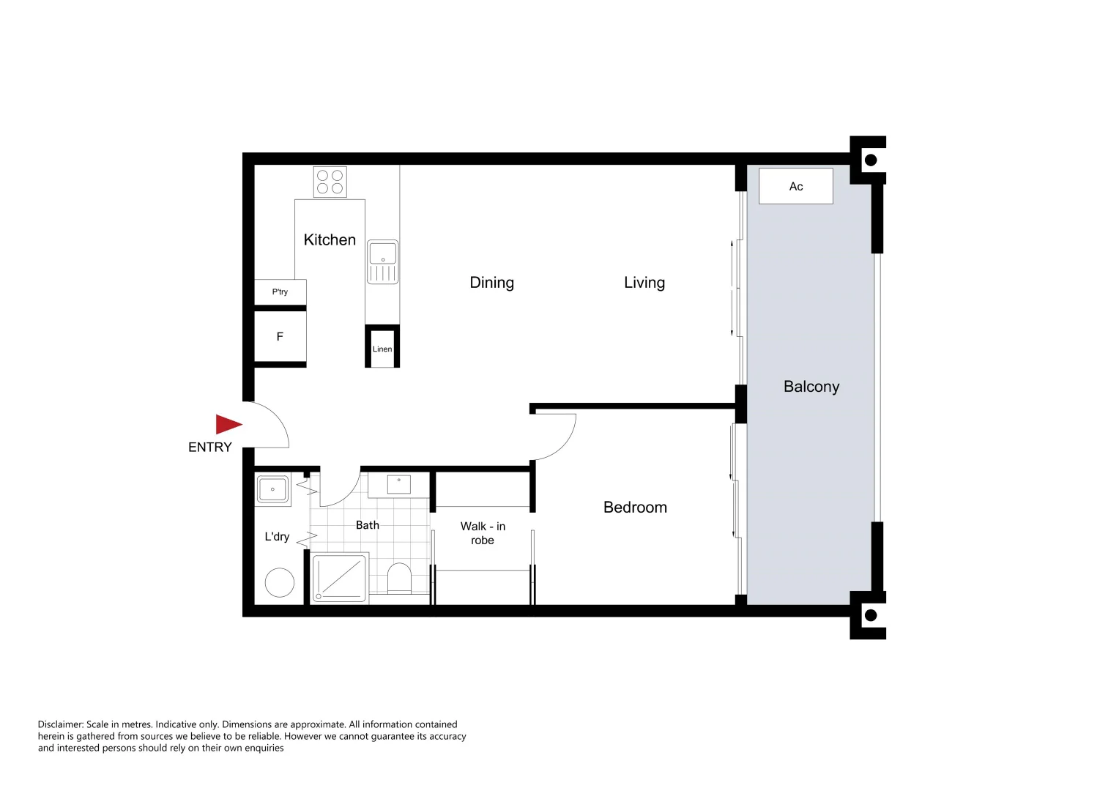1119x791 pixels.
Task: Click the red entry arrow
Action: click(228, 424)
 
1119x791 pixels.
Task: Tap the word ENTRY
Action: click(210, 448)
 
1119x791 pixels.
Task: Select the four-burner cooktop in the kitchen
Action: click(330, 182)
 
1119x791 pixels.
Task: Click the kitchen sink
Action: click(382, 261)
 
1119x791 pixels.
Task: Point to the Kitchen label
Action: click(330, 240)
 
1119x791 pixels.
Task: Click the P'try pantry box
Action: click(280, 291)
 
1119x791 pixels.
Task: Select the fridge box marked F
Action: click(280, 337)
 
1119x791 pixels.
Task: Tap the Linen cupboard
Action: click(382, 349)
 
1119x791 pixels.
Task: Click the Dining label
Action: click(491, 283)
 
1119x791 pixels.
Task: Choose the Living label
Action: click(644, 283)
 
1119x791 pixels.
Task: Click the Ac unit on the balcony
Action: click(796, 187)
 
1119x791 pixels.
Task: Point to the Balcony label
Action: click(811, 387)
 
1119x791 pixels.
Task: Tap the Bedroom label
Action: click(635, 508)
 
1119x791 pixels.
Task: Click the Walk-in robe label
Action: click(483, 533)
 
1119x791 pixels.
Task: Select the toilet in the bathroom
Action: click(399, 579)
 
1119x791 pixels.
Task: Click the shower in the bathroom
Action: click(340, 578)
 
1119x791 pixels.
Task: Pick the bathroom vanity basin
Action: click(398, 484)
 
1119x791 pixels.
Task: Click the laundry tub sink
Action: click(272, 489)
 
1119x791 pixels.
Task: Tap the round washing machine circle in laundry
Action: click(279, 583)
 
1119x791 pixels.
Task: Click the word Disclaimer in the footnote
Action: click(61, 724)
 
